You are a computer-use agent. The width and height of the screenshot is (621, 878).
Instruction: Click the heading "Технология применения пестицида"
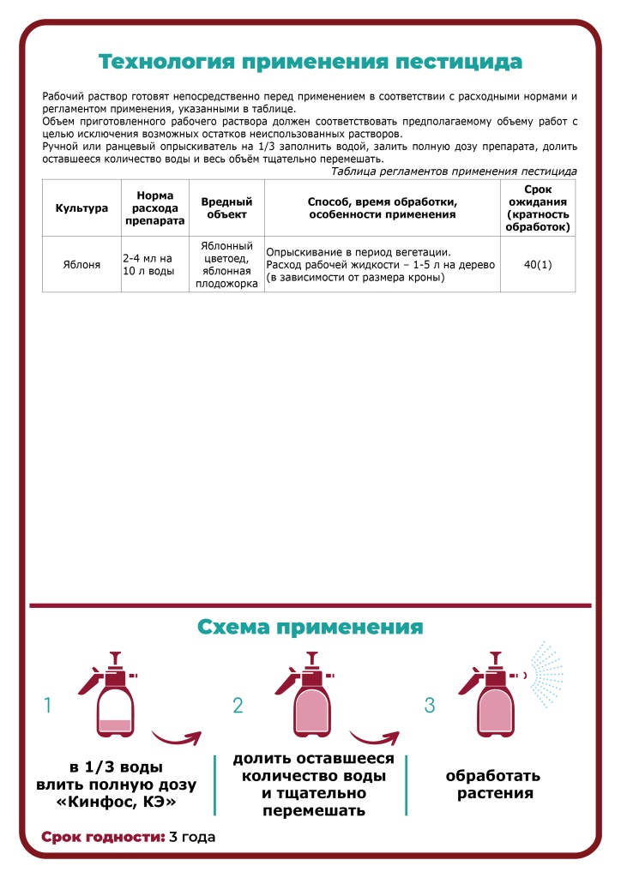310,62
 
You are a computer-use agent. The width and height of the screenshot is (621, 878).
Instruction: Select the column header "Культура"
81,207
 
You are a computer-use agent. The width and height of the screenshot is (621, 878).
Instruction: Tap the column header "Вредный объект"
226,207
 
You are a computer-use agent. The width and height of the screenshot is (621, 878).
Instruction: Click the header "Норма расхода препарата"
154,207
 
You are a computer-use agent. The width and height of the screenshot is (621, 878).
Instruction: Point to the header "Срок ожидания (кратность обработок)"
538,207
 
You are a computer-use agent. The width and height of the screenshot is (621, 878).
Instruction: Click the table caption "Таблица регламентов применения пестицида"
454,171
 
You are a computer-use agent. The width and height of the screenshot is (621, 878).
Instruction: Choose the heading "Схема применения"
310,627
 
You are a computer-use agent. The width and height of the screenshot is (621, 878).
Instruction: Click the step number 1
48,706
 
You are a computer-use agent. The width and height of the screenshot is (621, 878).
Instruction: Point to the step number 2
238,706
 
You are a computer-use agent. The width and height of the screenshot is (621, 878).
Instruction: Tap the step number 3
431,706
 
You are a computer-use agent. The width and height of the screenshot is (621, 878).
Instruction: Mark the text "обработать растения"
493,784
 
